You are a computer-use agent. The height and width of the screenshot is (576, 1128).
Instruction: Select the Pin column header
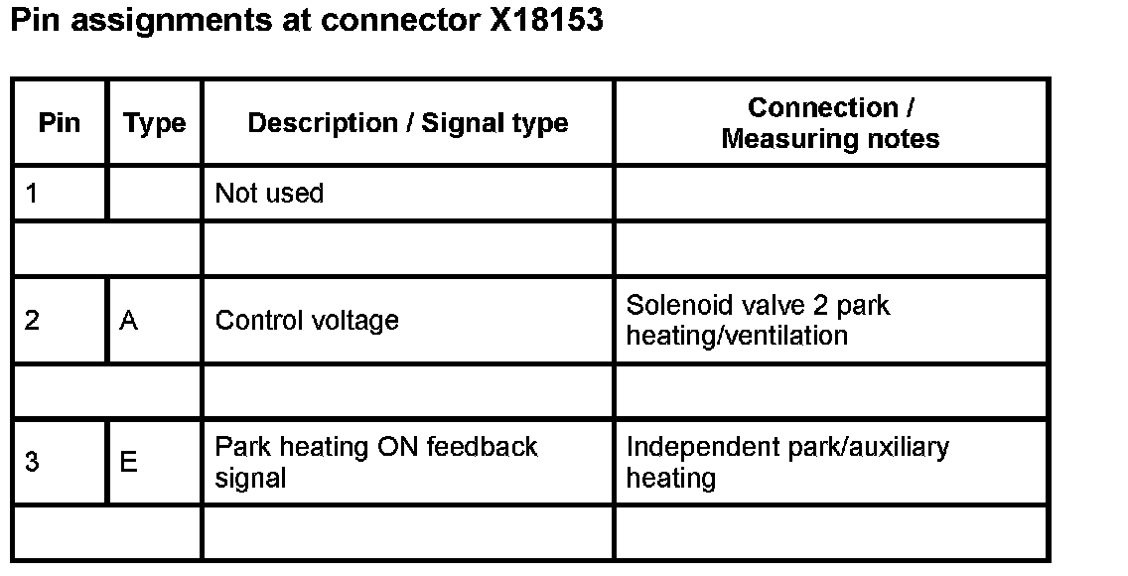pyautogui.click(x=59, y=123)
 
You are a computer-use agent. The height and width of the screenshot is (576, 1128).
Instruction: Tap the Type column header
pyautogui.click(x=154, y=123)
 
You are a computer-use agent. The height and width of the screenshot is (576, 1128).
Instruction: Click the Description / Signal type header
pyautogui.click(x=407, y=123)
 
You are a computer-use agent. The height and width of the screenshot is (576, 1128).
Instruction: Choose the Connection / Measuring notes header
pyautogui.click(x=830, y=123)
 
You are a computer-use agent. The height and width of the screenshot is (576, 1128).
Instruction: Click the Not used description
pyautogui.click(x=269, y=193)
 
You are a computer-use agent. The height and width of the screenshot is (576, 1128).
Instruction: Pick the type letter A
pyautogui.click(x=128, y=321)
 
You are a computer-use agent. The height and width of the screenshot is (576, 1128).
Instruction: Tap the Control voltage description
pyautogui.click(x=307, y=321)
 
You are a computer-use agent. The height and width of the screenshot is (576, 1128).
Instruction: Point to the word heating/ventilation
pyautogui.click(x=737, y=336)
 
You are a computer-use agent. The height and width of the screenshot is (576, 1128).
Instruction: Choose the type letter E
pyautogui.click(x=128, y=462)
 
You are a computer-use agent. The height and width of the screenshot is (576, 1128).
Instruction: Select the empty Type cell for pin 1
pyautogui.click(x=154, y=193)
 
